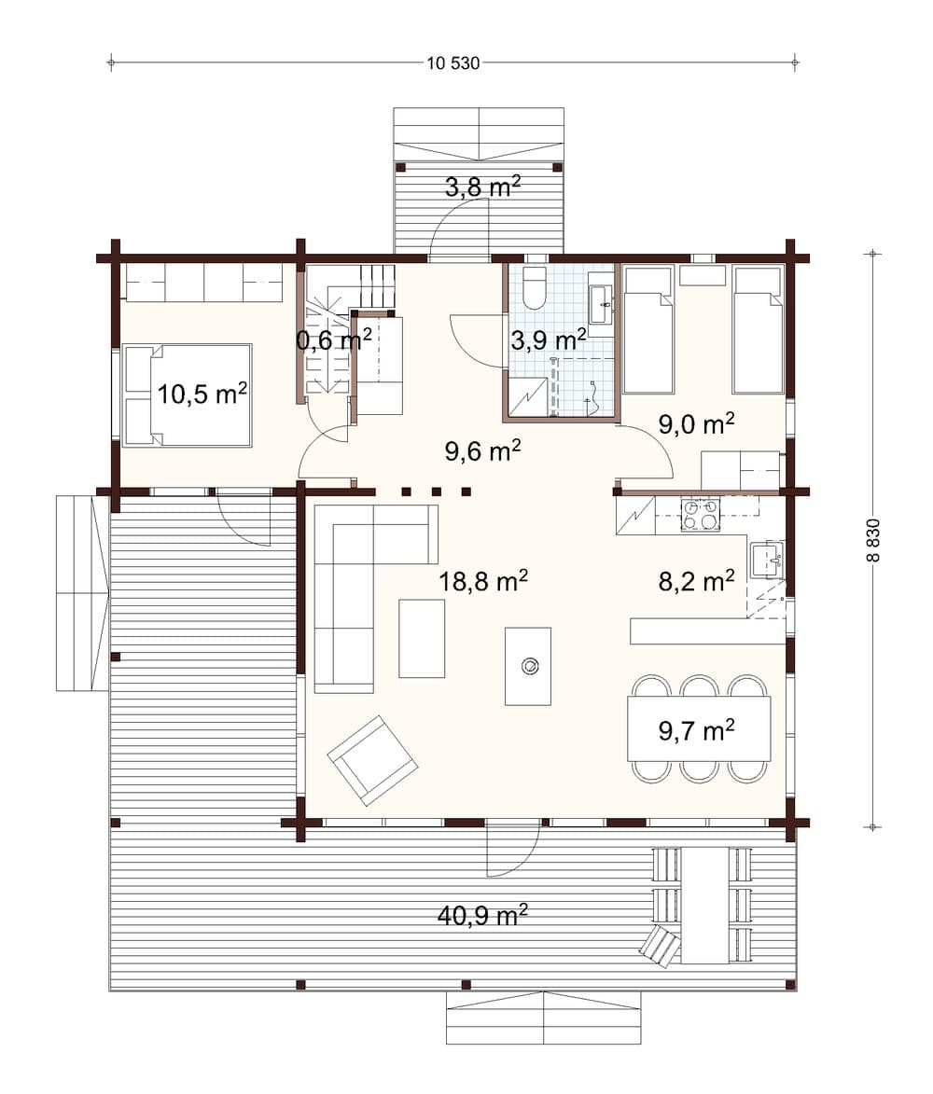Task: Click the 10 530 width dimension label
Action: coord(453,63)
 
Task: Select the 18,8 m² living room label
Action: coord(484,582)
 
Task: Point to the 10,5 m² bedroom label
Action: coord(202,394)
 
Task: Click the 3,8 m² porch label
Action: coord(481,187)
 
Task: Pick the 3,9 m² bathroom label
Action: coord(549,338)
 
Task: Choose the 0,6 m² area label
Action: coord(334,339)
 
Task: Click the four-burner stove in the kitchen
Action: coord(700,515)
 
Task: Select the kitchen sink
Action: coord(767,559)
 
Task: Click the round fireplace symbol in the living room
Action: coord(529,665)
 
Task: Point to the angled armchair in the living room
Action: coord(372,760)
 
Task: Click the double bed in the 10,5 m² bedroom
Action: coord(188,395)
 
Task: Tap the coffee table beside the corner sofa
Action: coord(422,638)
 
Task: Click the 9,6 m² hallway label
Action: coord(482,451)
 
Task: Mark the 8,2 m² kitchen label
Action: coord(696,582)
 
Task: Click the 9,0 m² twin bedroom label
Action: coord(696,424)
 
